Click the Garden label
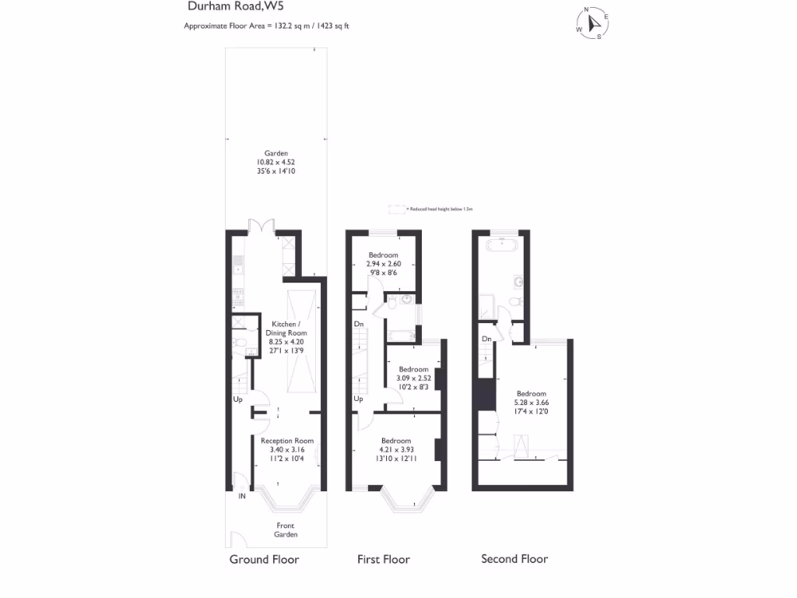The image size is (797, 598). click(x=276, y=162)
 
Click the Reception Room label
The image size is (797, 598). click(x=286, y=449)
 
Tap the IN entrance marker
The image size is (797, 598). click(x=242, y=496)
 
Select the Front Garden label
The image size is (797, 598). click(x=285, y=530)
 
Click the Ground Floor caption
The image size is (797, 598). click(x=264, y=559)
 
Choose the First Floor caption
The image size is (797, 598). click(x=383, y=559)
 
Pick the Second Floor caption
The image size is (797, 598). click(x=514, y=559)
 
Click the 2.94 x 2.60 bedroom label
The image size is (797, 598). click(x=383, y=263)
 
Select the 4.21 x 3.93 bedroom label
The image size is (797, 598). click(x=395, y=449)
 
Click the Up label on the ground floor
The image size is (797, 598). click(x=237, y=399)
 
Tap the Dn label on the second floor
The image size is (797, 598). click(x=486, y=339)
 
